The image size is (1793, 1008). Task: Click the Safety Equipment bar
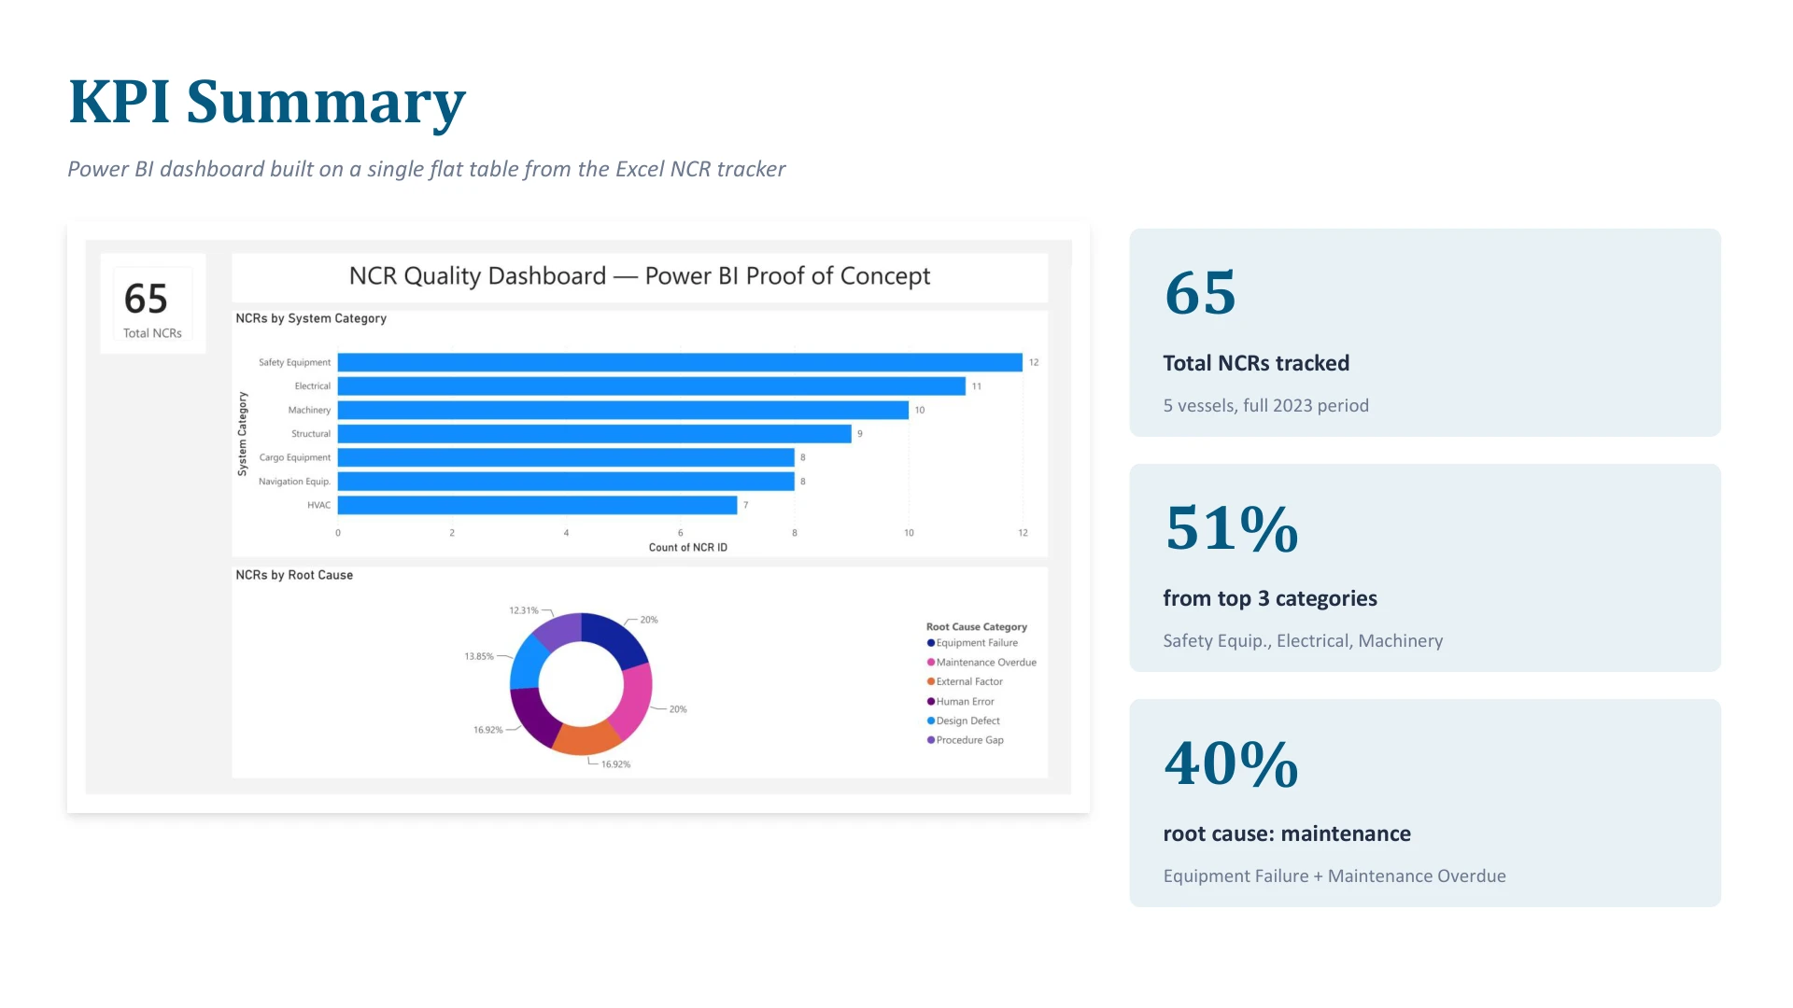coord(680,362)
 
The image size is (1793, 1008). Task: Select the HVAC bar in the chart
coord(537,505)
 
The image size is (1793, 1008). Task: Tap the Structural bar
coord(595,434)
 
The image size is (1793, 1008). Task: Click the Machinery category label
coord(309,411)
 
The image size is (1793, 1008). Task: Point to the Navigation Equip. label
coord(294,482)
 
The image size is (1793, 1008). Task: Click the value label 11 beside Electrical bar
coord(977,386)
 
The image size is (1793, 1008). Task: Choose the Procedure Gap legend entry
coord(965,740)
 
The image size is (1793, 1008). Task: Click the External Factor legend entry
coord(965,682)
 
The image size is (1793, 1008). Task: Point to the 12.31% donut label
coord(524,610)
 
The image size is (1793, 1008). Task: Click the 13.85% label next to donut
coord(479,657)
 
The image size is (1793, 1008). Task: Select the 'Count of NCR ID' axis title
coord(688,548)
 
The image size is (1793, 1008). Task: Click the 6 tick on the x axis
coord(680,533)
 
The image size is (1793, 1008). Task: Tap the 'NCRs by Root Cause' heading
coord(294,575)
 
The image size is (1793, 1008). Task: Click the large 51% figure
coord(1232,528)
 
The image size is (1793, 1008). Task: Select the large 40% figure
coord(1232,763)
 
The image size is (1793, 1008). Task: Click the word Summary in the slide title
coord(326,103)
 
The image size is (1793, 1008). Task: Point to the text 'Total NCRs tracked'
coord(1256,363)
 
